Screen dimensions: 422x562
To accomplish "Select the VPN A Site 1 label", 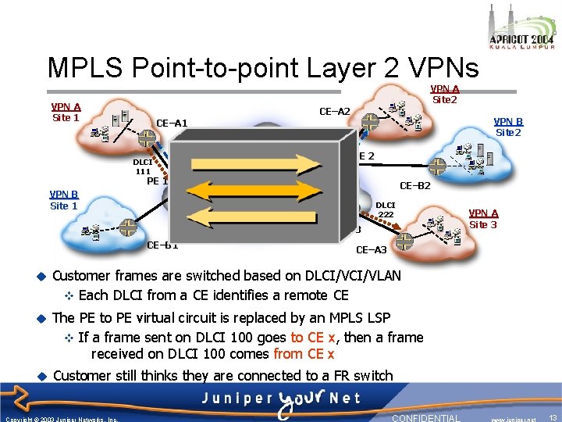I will pos(66,112).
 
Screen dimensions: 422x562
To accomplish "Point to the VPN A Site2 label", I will pos(445,94).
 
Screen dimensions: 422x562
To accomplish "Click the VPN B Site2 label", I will pos(508,127).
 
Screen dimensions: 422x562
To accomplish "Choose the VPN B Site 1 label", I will pos(63,200).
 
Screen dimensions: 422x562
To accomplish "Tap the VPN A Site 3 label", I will pos(483,219).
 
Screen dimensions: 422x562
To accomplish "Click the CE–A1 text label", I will pos(172,123).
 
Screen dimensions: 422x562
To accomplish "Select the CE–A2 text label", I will pos(335,112).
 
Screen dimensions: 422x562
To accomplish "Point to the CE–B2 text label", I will pos(414,186).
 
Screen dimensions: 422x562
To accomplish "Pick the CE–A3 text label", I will pos(371,250).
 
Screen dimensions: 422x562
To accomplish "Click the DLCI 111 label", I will pos(143,166).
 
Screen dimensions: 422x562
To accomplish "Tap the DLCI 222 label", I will pos(386,209).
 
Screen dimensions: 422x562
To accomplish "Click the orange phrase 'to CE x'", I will pos(312,338).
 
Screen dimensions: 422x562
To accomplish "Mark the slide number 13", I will pos(552,418).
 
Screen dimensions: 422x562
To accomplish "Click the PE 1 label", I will pos(158,181).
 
